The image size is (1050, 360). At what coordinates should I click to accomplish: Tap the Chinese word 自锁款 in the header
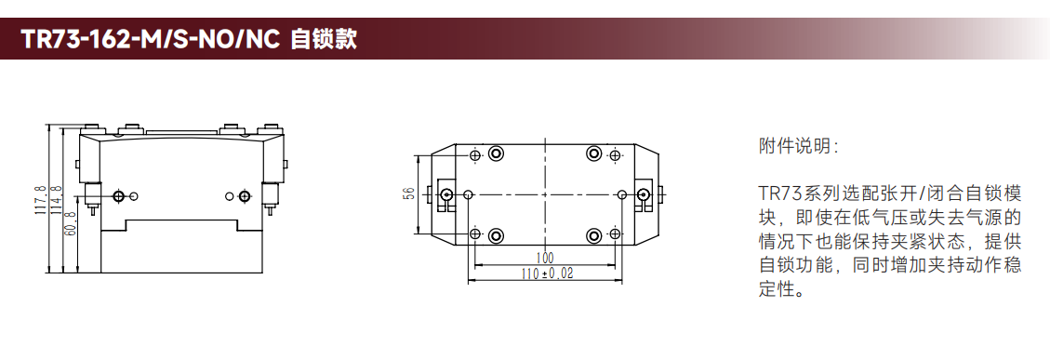(324, 40)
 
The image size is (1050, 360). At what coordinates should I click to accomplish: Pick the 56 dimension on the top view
(410, 193)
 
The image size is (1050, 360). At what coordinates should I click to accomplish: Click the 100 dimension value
(545, 258)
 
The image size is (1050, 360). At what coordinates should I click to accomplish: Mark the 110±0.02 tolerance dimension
(547, 273)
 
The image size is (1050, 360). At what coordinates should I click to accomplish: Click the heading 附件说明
(797, 146)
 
